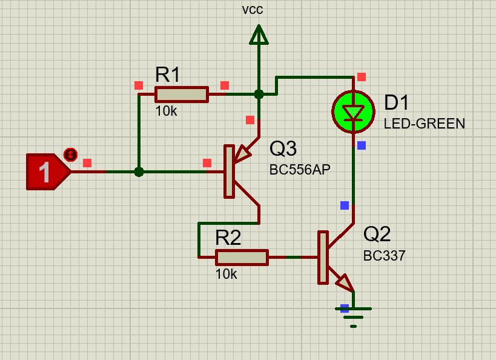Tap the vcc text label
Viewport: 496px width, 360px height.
253,10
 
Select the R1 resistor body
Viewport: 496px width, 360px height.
182,95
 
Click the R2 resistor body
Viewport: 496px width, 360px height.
242,258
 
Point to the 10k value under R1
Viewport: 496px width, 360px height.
167,111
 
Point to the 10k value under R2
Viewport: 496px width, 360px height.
226,274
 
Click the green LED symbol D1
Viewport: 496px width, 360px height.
353,112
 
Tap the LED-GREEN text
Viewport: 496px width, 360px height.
424,124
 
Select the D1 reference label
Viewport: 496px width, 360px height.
396,102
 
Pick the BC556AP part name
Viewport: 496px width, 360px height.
300,170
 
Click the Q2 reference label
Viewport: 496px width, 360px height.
377,234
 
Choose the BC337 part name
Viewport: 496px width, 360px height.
385,256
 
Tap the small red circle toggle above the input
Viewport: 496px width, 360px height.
70,155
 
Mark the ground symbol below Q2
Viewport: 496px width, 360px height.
353,317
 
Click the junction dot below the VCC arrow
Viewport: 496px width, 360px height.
259,94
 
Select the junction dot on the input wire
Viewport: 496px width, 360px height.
139,172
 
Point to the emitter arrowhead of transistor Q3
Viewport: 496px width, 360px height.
243,153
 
